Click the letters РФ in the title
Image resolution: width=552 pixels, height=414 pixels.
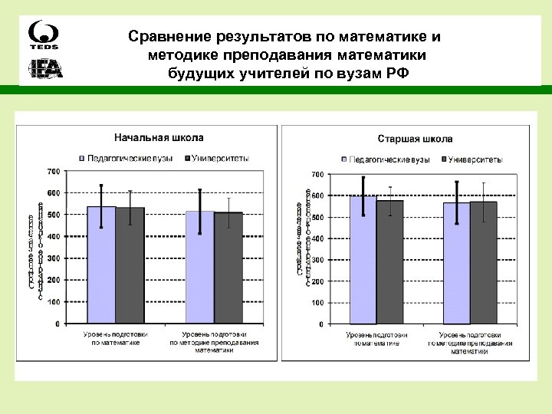tap(398, 74)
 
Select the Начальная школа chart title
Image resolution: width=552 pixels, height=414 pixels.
tap(159, 138)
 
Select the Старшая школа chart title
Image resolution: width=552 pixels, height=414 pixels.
tap(415, 139)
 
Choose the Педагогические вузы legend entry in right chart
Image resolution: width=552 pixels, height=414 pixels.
tap(387, 159)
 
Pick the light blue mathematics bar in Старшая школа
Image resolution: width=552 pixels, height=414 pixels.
tap(362, 261)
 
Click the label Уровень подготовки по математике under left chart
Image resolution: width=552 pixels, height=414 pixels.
tap(117, 339)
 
